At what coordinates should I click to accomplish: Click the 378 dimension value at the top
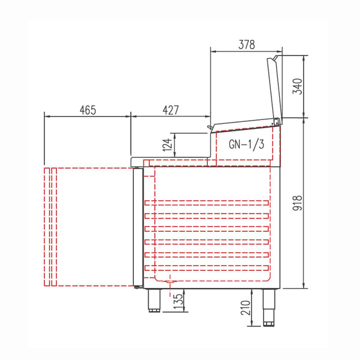[x=246, y=44]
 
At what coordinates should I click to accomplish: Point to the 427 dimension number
[x=171, y=110]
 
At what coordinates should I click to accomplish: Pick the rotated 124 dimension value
[x=167, y=145]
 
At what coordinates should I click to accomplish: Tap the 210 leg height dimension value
[x=246, y=308]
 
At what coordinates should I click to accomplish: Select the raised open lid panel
[x=274, y=88]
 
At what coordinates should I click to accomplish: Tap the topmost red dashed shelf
[x=208, y=203]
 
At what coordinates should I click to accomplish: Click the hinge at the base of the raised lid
[x=277, y=121]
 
